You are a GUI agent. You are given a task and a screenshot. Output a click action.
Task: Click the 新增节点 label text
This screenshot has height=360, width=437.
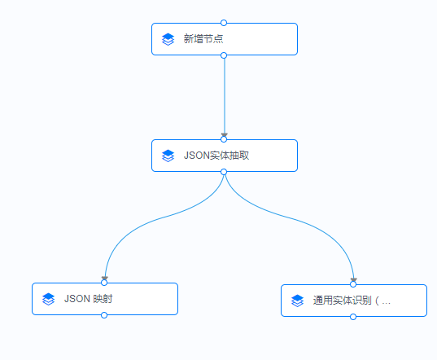point(203,39)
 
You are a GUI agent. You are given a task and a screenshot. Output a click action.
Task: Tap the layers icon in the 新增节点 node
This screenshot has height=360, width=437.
point(168,39)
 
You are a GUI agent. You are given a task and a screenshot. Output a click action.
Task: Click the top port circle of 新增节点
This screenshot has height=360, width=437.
point(224,23)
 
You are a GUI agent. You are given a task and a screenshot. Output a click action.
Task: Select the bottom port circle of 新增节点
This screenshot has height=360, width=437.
point(224,55)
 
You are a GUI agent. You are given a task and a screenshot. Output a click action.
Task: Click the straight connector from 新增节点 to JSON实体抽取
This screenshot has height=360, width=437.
point(224,94)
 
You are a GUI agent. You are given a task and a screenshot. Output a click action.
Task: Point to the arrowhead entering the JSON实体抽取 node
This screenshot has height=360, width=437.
point(224,135)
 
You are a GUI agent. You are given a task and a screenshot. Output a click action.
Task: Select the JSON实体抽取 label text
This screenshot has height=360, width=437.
point(216,156)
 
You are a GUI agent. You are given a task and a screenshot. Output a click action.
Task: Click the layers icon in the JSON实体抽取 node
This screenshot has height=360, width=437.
point(168,156)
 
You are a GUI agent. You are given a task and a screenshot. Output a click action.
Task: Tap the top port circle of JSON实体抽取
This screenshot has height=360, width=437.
point(224,139)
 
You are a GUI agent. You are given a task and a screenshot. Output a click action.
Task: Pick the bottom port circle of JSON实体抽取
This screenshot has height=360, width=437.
point(224,172)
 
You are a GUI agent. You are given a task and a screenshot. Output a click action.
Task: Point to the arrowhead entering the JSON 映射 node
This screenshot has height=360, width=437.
point(104,279)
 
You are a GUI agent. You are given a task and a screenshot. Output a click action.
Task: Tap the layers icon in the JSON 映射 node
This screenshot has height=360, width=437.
point(48,299)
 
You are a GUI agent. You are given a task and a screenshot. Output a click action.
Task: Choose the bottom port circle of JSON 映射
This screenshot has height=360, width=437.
point(104,315)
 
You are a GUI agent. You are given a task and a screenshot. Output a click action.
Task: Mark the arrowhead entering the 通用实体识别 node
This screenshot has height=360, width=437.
point(353,281)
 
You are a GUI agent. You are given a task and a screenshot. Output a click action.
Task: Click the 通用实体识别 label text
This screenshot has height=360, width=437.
point(352,301)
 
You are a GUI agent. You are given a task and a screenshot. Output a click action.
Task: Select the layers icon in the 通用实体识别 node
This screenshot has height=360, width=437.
point(297,301)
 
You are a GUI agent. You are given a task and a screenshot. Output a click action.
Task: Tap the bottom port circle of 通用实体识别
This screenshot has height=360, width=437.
point(353,317)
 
